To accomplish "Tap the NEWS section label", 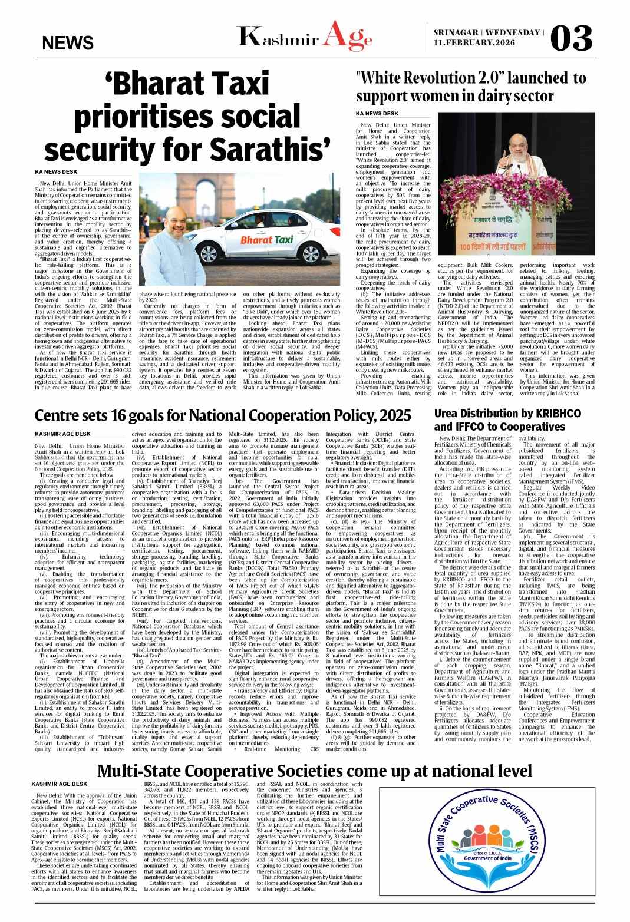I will tap(68, 42).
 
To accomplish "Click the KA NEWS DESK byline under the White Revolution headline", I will tap(377, 113).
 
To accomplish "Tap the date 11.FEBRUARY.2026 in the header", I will tap(474, 42).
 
